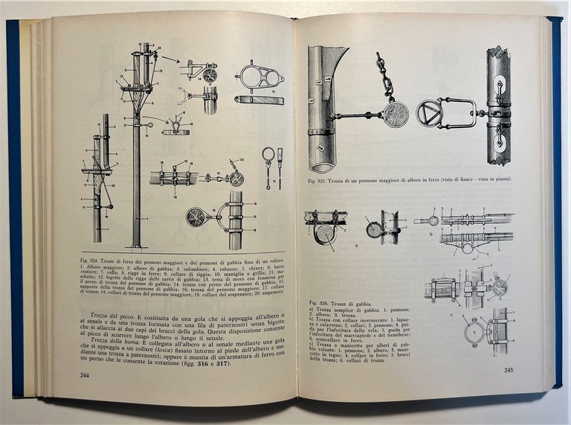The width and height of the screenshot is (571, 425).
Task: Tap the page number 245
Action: coord(508,370)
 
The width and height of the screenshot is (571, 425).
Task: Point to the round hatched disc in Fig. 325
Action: coord(396,114)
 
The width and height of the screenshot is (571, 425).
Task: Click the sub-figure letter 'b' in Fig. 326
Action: coord(431,234)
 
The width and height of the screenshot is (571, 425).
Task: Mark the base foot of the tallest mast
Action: coord(136,245)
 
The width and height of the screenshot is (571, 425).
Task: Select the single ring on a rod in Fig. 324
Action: coord(267,155)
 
